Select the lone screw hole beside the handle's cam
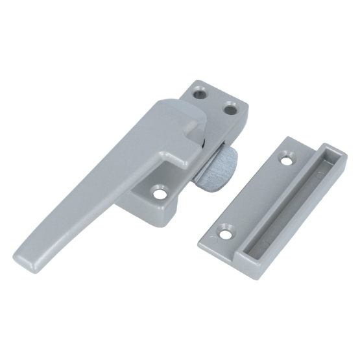158,191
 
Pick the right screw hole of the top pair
230,110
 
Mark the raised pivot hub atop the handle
172,120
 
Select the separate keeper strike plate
272,201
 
